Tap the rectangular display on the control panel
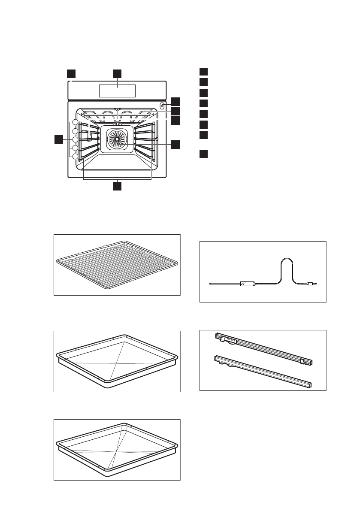117,91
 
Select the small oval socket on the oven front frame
162,106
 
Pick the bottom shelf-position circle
75,157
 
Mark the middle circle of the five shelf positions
75,140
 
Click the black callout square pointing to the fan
175,145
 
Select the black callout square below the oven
117,186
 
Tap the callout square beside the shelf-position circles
59,139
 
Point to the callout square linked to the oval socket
175,101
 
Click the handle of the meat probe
248,283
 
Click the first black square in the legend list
204,71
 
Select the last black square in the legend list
204,154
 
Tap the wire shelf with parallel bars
117,265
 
